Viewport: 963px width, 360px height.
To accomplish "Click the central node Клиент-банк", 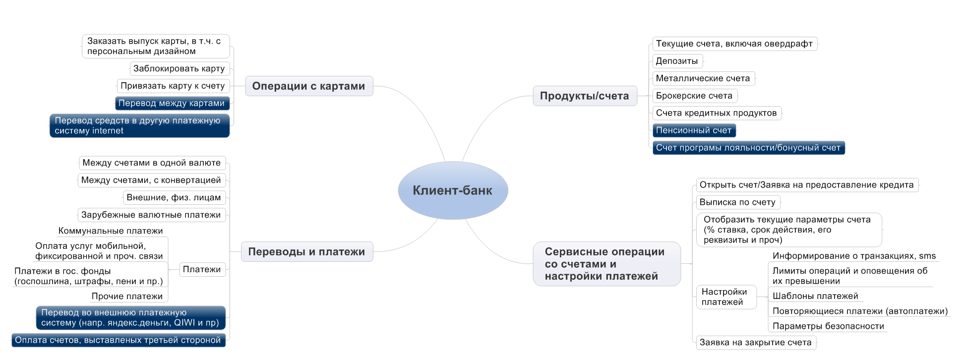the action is coord(453,190).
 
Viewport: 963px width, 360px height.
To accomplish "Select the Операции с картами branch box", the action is coord(309,86).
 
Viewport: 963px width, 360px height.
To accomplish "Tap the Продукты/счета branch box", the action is coord(585,96).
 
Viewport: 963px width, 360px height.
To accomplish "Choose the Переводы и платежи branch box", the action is coord(307,251).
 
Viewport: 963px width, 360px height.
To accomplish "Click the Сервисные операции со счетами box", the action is coord(606,264).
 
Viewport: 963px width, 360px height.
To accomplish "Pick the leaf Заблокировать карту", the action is coord(179,68).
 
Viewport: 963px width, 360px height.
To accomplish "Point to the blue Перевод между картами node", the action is coord(172,103).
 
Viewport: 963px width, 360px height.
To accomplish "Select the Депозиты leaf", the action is coord(677,61).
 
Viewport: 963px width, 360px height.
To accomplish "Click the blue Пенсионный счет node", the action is coord(694,130).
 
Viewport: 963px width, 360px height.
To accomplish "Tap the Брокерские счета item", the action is coord(695,96).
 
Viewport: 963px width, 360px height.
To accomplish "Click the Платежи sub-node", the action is coord(202,269).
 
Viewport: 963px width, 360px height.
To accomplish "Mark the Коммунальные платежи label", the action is coord(111,231).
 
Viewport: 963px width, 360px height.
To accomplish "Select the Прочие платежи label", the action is coord(127,296).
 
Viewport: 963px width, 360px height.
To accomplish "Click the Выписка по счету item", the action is coord(738,202).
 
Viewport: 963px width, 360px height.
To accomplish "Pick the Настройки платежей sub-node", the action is coord(726,297).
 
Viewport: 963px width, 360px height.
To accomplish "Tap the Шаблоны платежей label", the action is coord(815,296).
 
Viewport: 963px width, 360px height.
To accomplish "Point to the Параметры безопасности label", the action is coord(828,326).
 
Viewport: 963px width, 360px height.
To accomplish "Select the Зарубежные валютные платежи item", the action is coord(151,215).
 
